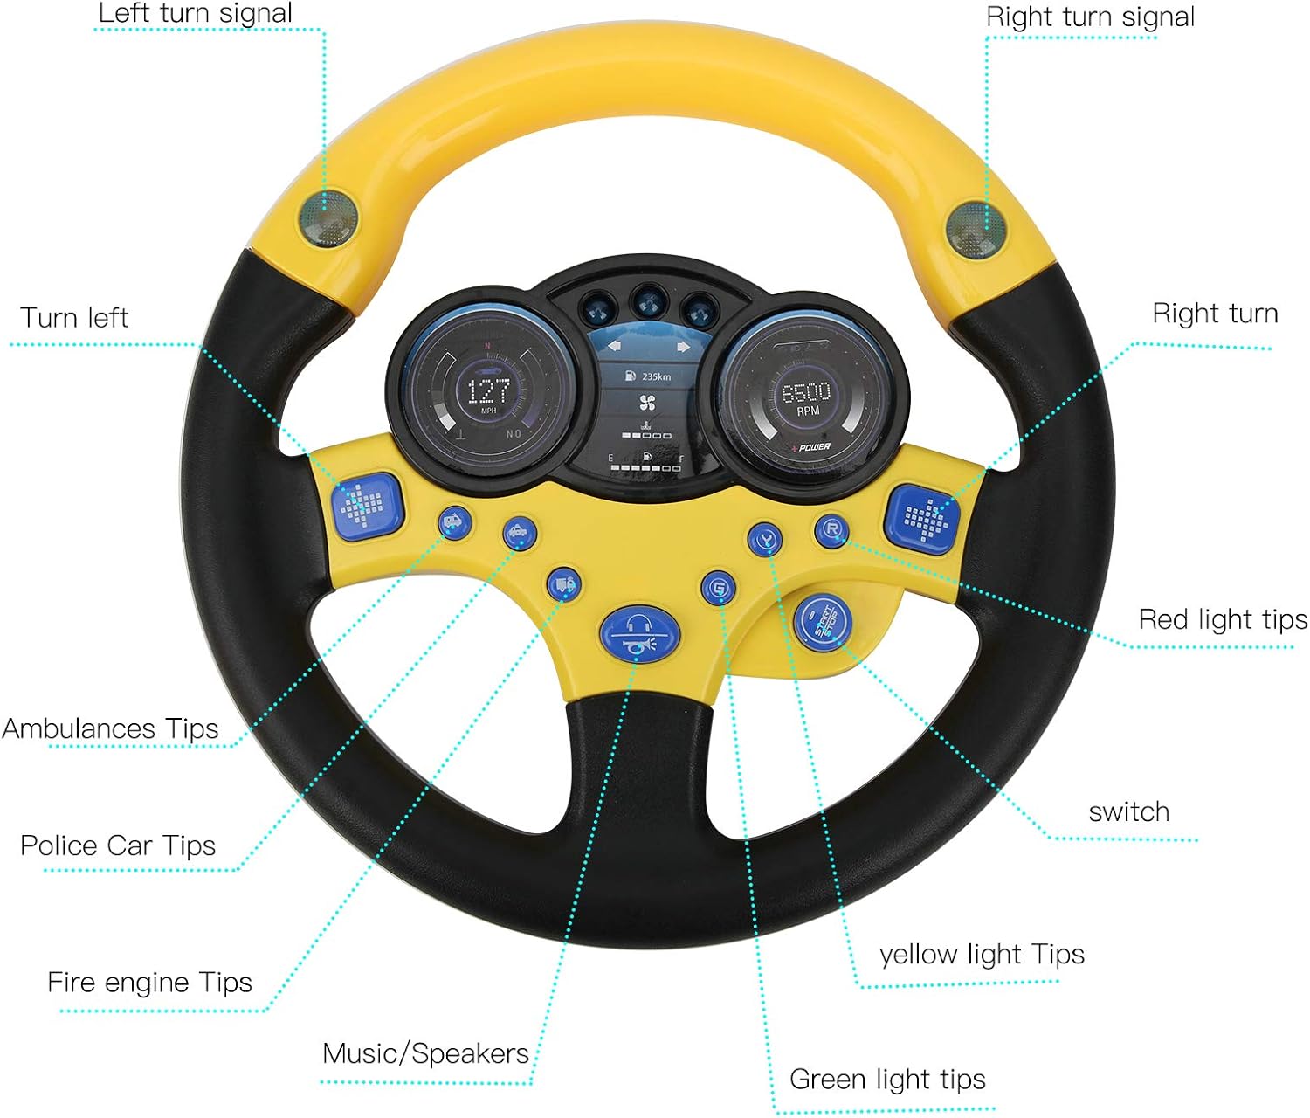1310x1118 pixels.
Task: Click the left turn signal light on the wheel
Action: (328, 216)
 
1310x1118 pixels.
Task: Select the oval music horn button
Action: (639, 633)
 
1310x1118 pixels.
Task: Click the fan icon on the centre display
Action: (647, 404)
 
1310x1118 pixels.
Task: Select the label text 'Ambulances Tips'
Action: (110, 728)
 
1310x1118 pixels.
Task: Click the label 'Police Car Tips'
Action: (118, 845)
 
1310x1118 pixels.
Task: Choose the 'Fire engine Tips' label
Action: (149, 982)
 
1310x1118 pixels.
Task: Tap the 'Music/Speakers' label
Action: (425, 1053)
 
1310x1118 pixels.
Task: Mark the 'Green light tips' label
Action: (887, 1080)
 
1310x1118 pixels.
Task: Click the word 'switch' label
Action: (1128, 811)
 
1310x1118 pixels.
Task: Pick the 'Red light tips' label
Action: (1223, 619)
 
